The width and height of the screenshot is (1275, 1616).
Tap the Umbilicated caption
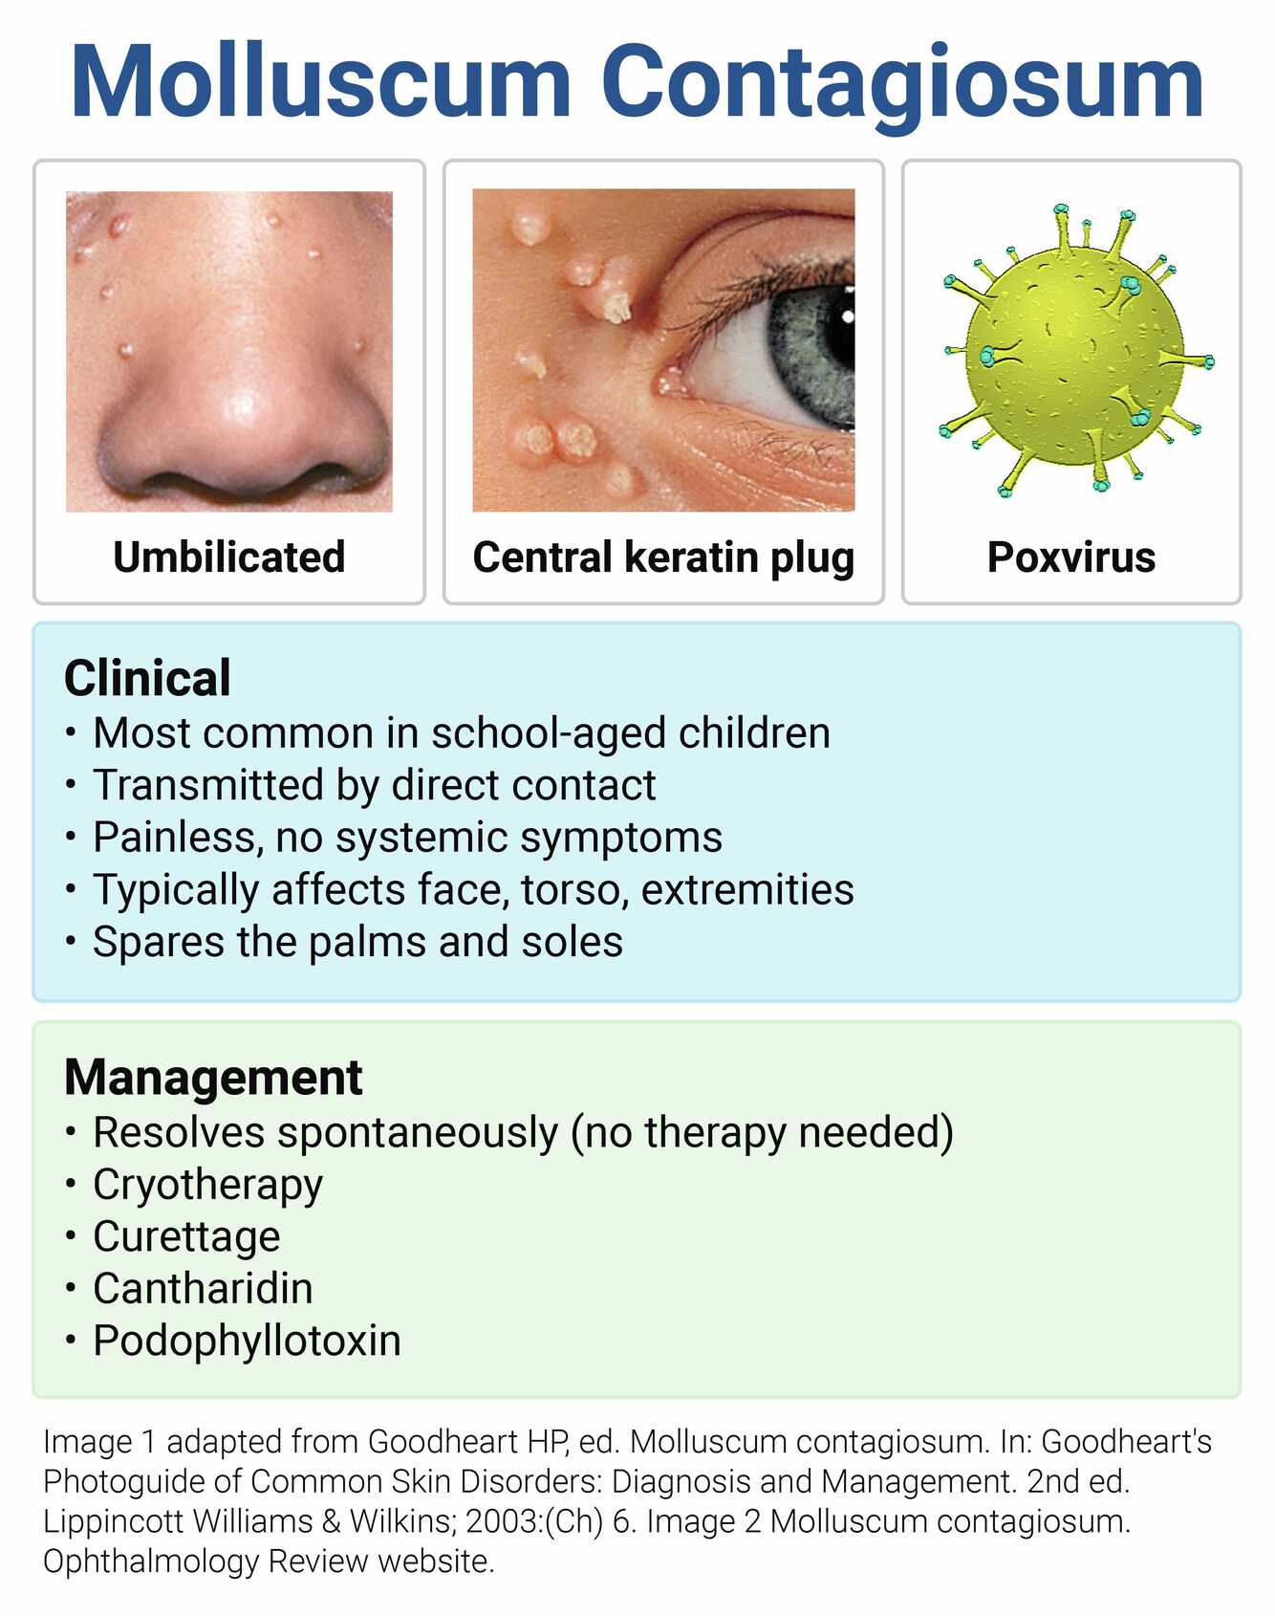pos(228,557)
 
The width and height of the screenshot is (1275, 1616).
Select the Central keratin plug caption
pos(662,557)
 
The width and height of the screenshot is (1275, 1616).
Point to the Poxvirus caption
pos(1070,557)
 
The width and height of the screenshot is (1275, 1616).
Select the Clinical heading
pos(147,678)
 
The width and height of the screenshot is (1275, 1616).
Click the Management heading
pos(213,1077)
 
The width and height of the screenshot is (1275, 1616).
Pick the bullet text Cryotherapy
pos(207,1185)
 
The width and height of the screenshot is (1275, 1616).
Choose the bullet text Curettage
pos(186,1236)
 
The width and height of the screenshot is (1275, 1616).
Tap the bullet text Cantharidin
pos(203,1289)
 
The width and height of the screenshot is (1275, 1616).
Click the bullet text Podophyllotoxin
pos(247,1341)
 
